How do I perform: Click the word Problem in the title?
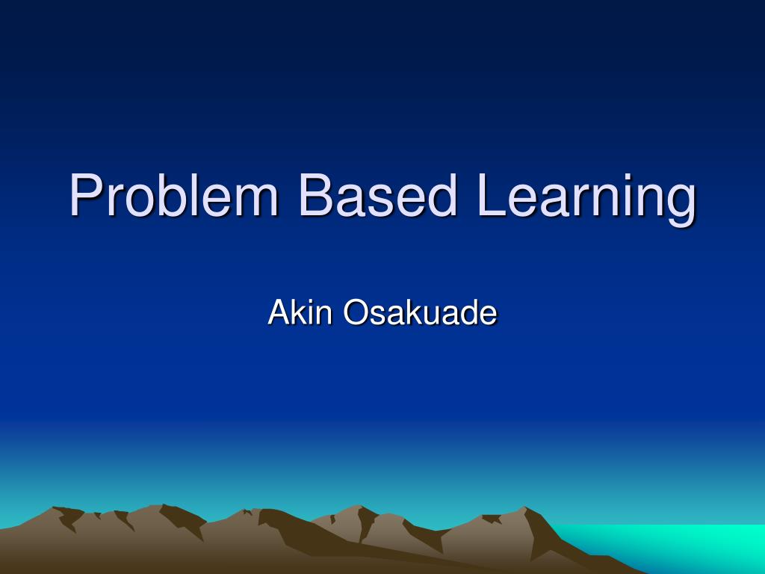(174, 196)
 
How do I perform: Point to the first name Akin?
(300, 312)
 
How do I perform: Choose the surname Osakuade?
(420, 312)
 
